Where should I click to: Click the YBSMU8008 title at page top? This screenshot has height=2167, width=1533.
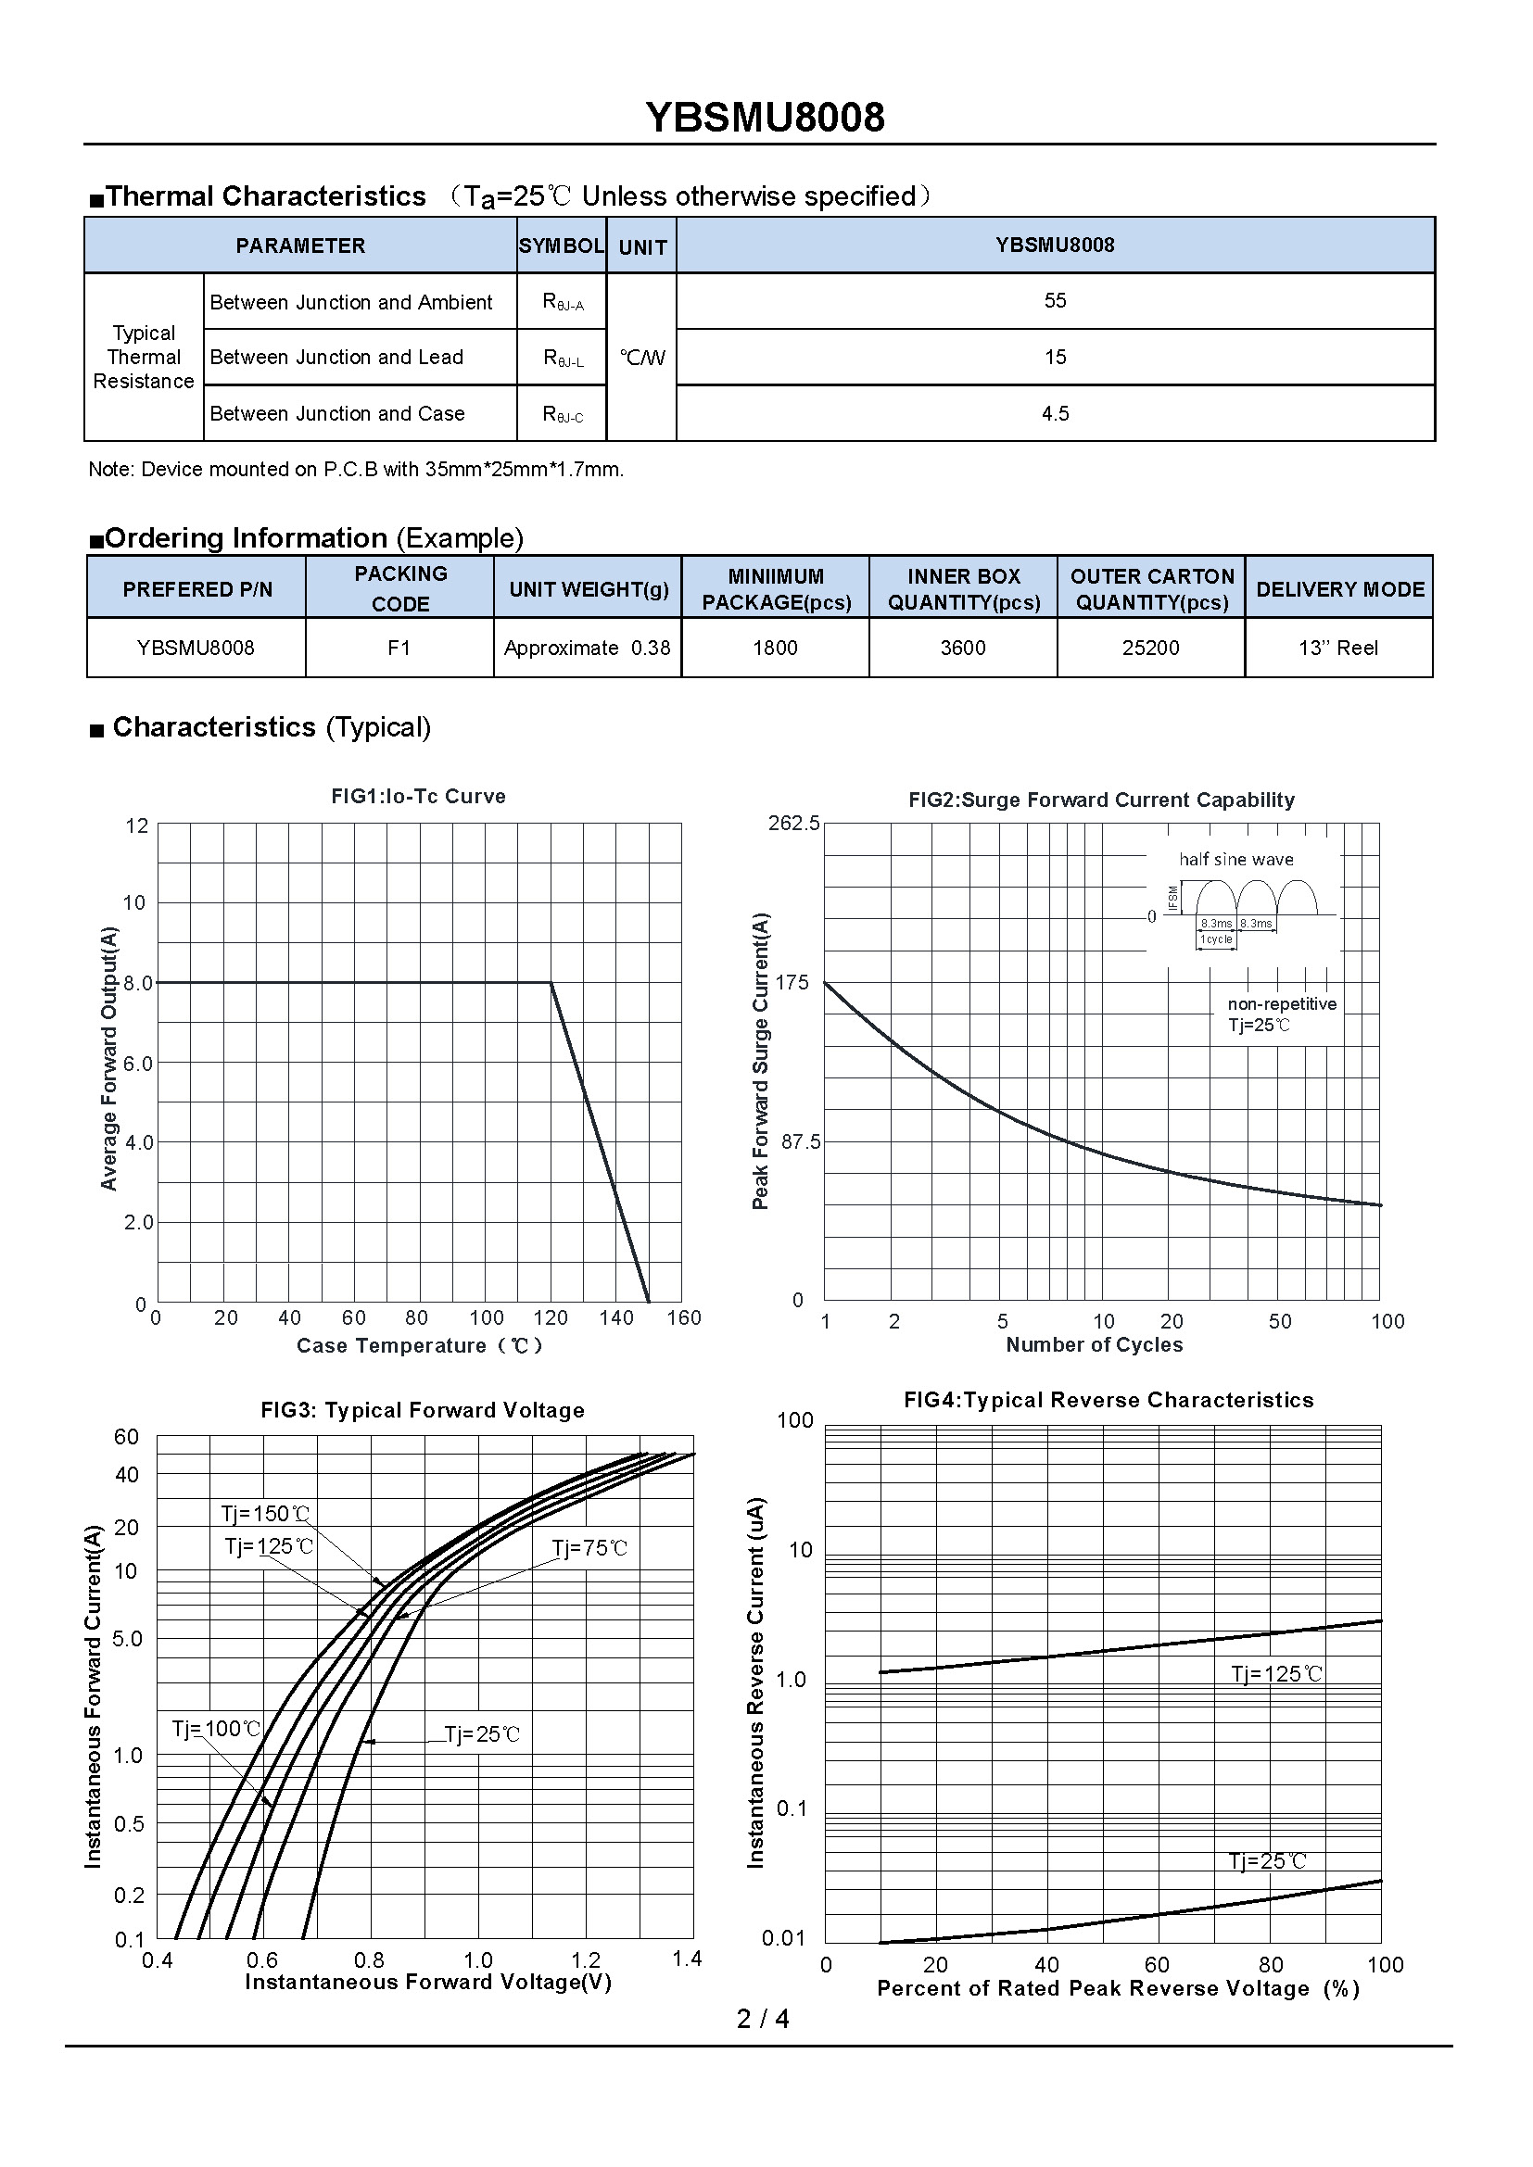[x=765, y=118]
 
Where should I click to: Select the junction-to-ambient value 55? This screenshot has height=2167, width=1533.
[x=1055, y=301]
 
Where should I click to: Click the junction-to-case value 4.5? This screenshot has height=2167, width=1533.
[x=1055, y=413]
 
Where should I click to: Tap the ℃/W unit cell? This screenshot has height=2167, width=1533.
[x=642, y=358]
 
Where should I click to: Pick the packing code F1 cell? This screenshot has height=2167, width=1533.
[x=399, y=648]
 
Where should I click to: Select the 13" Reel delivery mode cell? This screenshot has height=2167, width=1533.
[x=1337, y=648]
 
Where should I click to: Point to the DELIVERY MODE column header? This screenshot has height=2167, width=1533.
[x=1339, y=589]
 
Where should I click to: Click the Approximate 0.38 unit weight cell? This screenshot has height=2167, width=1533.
[x=587, y=648]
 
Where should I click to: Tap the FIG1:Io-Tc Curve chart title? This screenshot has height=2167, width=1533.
[x=418, y=797]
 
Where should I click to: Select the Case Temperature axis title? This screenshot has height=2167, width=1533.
[x=420, y=1346]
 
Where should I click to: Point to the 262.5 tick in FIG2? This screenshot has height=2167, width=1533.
[x=794, y=823]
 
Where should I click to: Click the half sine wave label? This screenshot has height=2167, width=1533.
[x=1235, y=860]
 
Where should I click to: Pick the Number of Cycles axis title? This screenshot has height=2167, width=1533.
[x=1094, y=1345]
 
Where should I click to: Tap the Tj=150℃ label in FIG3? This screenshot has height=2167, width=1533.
[x=265, y=1515]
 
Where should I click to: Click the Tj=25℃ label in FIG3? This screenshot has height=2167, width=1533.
[x=481, y=1734]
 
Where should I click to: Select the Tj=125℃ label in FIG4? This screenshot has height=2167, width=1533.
[x=1276, y=1674]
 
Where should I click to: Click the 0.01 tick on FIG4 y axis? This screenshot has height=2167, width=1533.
[x=785, y=1938]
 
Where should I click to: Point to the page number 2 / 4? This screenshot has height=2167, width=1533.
[x=763, y=2019]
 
